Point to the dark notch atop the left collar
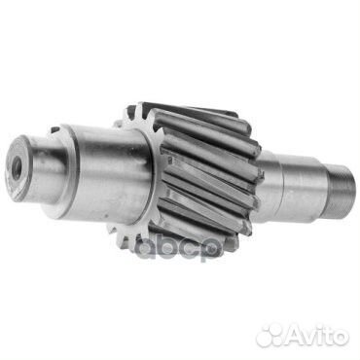pyautogui.click(x=55, y=129)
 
